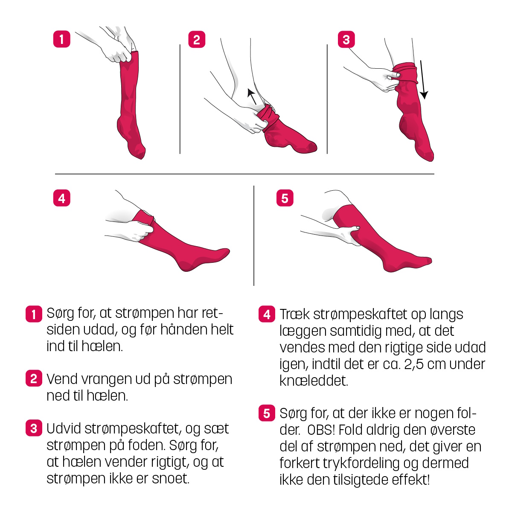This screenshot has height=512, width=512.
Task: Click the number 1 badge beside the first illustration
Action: [x=61, y=39]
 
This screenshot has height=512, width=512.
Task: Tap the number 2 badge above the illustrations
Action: [x=197, y=40]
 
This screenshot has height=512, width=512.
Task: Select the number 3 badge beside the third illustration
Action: [x=346, y=40]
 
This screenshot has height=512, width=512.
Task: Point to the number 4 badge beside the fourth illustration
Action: [x=61, y=198]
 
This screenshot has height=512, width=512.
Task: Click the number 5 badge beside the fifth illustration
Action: [x=285, y=198]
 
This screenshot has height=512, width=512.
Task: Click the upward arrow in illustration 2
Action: [x=252, y=96]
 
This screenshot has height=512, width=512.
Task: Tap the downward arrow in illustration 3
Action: [x=423, y=80]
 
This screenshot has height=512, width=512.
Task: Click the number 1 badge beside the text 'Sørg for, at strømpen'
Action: [x=34, y=314]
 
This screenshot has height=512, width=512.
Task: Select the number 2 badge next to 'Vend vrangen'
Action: [x=34, y=378]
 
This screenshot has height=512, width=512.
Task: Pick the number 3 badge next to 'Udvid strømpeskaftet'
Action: [x=34, y=428]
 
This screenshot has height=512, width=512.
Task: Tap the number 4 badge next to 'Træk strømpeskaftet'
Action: [x=267, y=314]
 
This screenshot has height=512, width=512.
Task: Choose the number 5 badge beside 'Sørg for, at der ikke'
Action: [x=267, y=413]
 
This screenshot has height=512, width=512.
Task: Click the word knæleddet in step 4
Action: [x=314, y=381]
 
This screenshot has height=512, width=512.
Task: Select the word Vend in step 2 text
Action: [x=62, y=378]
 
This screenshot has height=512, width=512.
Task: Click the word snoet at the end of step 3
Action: [x=170, y=478]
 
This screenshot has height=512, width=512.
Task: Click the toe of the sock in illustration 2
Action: [x=311, y=147]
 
